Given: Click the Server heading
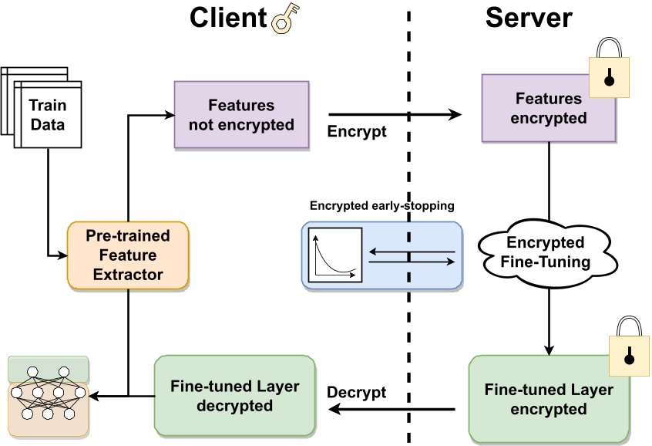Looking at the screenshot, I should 529,18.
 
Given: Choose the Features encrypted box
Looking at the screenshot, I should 549,109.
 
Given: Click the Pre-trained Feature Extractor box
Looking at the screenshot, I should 128,255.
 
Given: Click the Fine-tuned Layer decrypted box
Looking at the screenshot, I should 235,396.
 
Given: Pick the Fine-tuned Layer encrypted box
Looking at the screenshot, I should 549,400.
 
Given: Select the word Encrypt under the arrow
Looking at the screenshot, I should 357,131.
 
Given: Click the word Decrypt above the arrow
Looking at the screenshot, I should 357,392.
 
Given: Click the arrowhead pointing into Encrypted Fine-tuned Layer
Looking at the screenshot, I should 549,349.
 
